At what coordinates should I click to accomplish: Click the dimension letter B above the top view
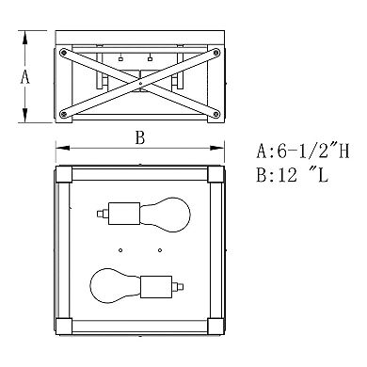click(139, 137)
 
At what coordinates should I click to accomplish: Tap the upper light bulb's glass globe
click(158, 212)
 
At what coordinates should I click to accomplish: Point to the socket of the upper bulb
click(120, 212)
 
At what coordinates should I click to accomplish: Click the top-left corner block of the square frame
click(64, 174)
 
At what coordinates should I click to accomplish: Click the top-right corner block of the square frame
click(215, 174)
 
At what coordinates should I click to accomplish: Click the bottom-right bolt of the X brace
click(215, 115)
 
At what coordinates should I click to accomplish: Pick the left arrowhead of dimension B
click(58, 147)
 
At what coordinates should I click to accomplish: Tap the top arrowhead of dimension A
click(25, 35)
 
